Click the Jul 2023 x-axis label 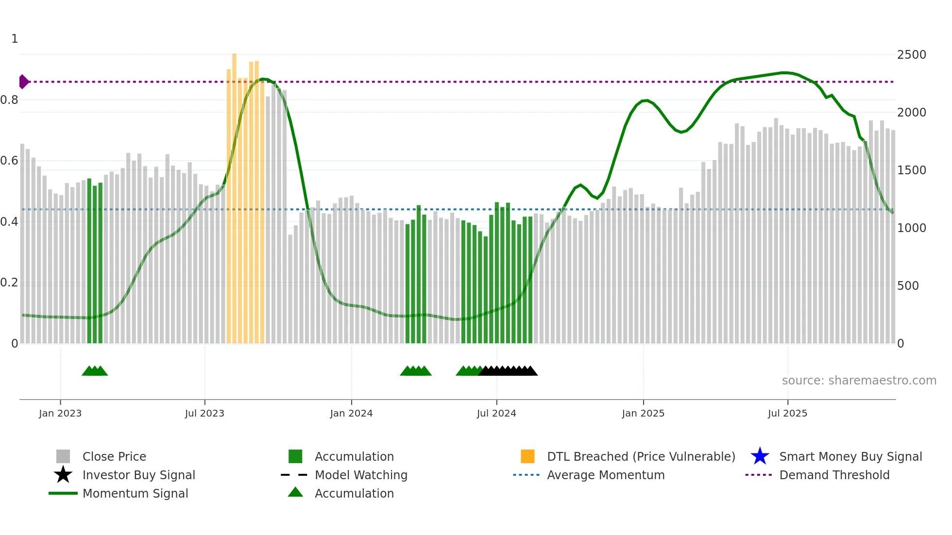pos(204,413)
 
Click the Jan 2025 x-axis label pos(643,413)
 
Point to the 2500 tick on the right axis pos(911,55)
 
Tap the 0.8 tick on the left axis pos(9,100)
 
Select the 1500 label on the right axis pos(911,170)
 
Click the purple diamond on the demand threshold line pos(23,82)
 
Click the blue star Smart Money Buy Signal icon pos(760,456)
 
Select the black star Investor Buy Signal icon pos(63,475)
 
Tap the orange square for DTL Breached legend pos(527,456)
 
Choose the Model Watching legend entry pos(361,475)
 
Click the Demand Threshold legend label pos(834,475)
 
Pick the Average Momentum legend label pos(606,475)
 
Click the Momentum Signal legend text pos(135,493)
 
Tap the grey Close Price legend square pos(63,456)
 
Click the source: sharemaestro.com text pos(859,381)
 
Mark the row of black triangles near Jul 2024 pos(508,371)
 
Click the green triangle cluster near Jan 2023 pos(95,371)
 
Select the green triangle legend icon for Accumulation pos(295,492)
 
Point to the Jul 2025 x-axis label pos(787,413)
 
